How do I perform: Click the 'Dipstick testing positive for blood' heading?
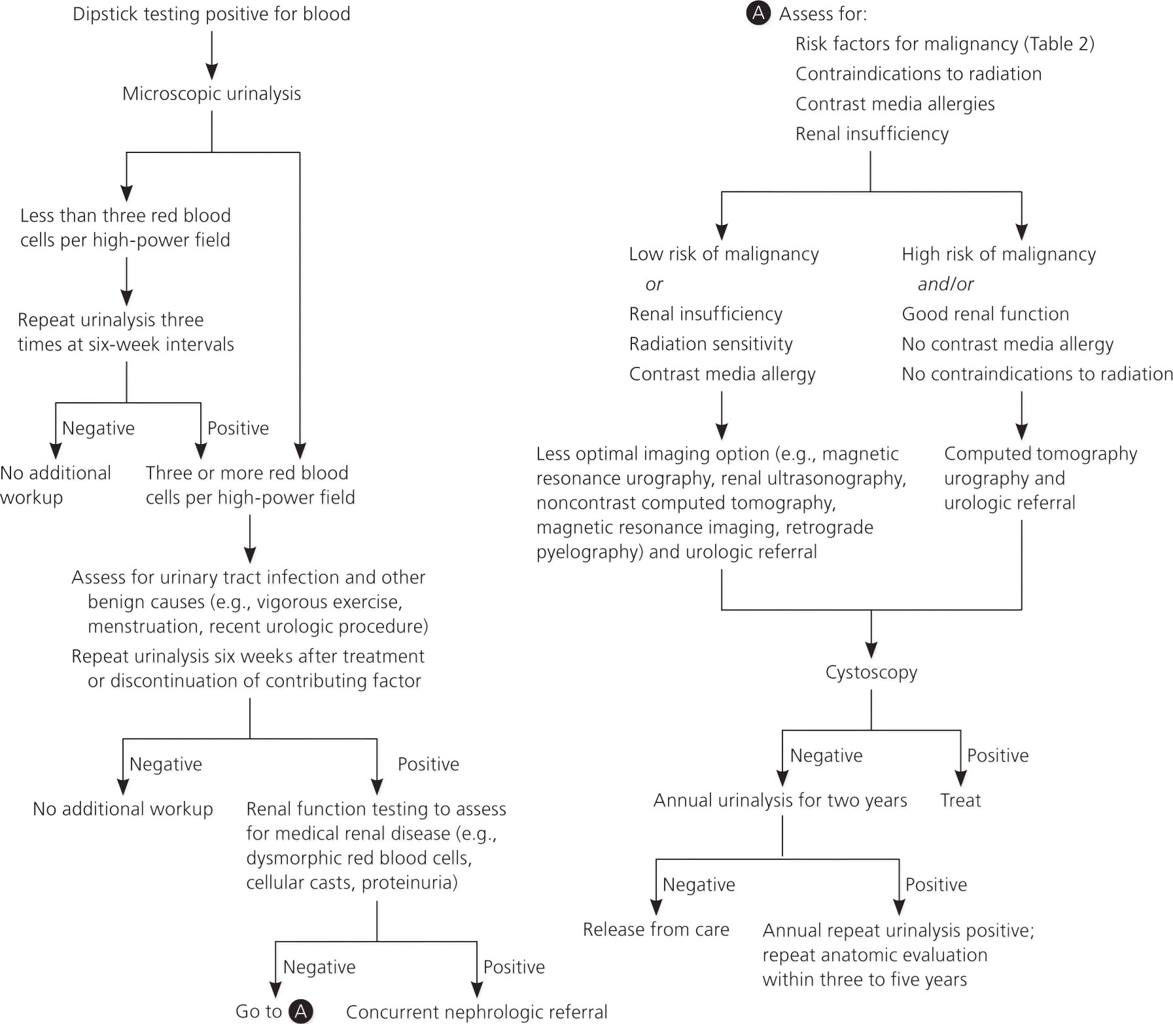pyautogui.click(x=211, y=14)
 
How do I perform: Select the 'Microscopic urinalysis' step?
pyautogui.click(x=211, y=94)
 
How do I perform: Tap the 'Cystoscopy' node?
pyautogui.click(x=871, y=673)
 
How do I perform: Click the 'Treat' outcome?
pyautogui.click(x=960, y=800)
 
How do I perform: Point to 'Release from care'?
pyautogui.click(x=656, y=930)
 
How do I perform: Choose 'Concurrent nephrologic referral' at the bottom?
pyautogui.click(x=477, y=1012)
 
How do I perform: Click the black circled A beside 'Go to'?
pyautogui.click(x=300, y=1011)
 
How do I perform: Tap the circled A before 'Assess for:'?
pyautogui.click(x=758, y=13)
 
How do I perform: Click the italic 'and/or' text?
pyautogui.click(x=945, y=284)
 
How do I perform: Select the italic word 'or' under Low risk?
pyautogui.click(x=654, y=284)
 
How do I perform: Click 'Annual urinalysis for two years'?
pyautogui.click(x=780, y=801)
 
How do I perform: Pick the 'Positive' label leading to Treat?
pyautogui.click(x=998, y=756)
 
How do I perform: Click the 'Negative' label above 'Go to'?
pyautogui.click(x=319, y=967)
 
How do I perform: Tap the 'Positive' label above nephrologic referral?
pyautogui.click(x=514, y=967)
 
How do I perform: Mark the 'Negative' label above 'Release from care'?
pyautogui.click(x=699, y=885)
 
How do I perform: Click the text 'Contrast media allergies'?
pyautogui.click(x=895, y=104)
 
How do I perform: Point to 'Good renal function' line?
pyautogui.click(x=985, y=314)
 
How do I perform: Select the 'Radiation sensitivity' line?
pyautogui.click(x=711, y=344)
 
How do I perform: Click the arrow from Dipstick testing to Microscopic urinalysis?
pyautogui.click(x=211, y=55)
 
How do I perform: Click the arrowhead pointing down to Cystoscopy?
pyautogui.click(x=871, y=650)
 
